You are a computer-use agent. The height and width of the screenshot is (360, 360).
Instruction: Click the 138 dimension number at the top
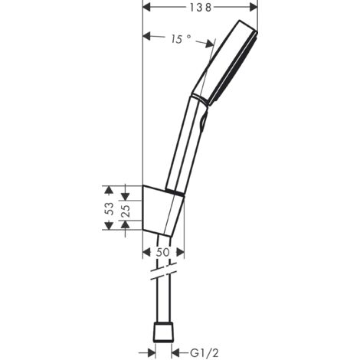201,6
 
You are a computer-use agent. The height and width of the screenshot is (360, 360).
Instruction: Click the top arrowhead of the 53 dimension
109,188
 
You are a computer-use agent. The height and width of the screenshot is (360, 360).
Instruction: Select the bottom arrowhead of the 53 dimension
109,227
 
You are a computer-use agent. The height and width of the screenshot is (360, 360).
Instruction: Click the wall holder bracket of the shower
162,207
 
